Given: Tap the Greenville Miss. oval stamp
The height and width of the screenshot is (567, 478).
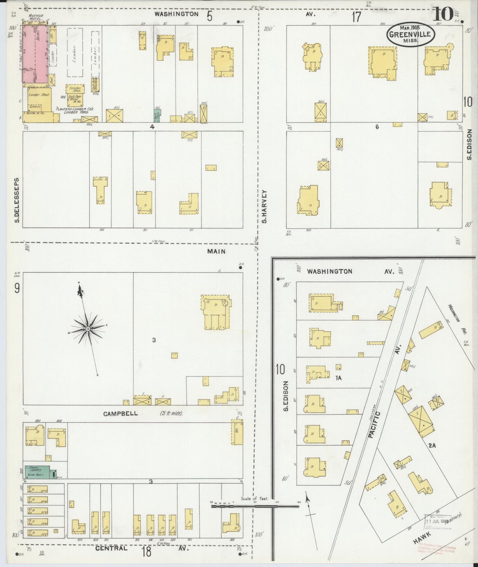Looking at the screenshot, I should point(410,34).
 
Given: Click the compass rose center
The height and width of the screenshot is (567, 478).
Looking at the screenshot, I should point(88,329).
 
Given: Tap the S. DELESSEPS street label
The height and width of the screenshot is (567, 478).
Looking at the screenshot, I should point(17,200).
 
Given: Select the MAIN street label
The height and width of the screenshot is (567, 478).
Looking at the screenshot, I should point(216,251).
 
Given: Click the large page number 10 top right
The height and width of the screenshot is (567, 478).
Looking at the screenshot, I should point(442,15).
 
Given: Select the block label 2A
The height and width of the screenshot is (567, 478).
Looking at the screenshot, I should point(432,446).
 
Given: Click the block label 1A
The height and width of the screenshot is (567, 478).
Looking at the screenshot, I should point(338,378).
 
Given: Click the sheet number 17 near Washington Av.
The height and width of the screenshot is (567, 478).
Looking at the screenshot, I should point(356,17).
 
